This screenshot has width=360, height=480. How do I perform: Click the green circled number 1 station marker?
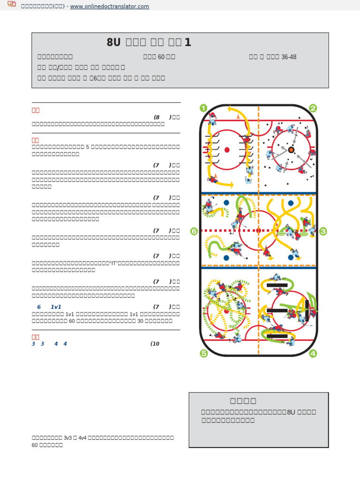click(x=203, y=108)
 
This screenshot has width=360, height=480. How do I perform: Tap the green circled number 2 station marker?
click(x=313, y=108)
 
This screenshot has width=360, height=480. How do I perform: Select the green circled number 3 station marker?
click(x=324, y=231)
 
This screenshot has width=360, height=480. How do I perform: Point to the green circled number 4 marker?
click(x=313, y=354)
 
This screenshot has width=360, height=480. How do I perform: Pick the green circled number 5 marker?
click(x=203, y=354)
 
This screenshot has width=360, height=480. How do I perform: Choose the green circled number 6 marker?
click(x=194, y=231)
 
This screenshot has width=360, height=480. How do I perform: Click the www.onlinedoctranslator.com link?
click(x=109, y=6)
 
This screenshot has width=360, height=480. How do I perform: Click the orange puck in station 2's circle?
click(x=291, y=150)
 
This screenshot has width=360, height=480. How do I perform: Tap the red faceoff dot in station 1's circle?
click(x=227, y=150)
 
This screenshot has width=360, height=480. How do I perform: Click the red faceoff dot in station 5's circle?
click(x=226, y=311)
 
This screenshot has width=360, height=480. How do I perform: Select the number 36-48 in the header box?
click(x=288, y=57)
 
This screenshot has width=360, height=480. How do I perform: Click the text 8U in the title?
click(x=113, y=43)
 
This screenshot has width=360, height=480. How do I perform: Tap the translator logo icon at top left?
click(x=12, y=5)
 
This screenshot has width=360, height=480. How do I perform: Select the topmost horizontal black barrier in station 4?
click(x=277, y=285)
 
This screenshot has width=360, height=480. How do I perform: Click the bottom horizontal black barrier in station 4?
click(x=277, y=336)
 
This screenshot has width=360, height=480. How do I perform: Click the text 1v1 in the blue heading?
click(x=56, y=307)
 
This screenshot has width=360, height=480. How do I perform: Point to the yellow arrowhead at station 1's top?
click(x=230, y=109)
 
